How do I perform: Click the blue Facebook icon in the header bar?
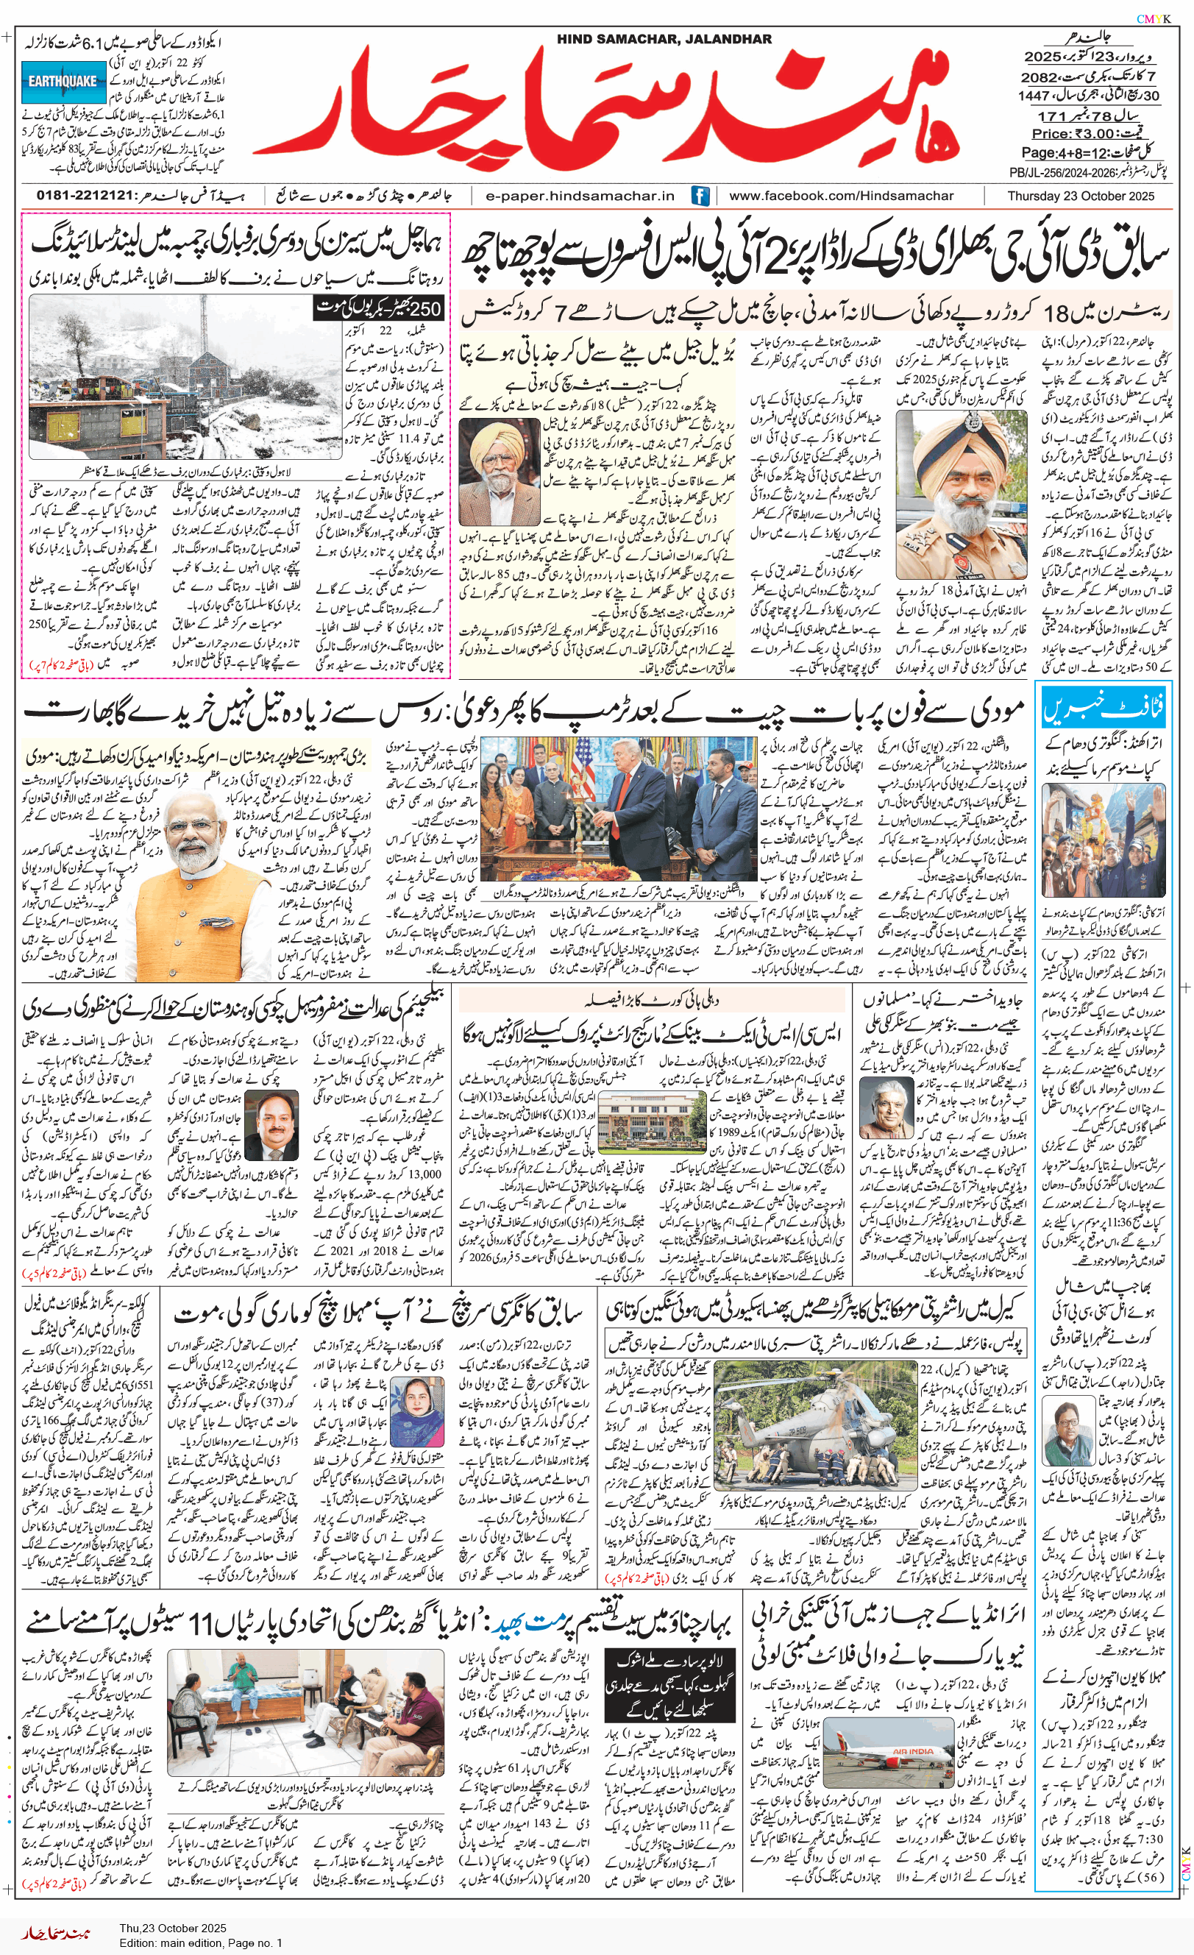point(700,195)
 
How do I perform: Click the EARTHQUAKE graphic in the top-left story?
point(63,82)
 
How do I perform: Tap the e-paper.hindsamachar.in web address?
point(580,196)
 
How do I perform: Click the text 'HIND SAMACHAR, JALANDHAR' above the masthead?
point(664,39)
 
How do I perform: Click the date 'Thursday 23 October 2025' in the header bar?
point(1081,196)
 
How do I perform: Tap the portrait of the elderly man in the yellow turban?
point(499,472)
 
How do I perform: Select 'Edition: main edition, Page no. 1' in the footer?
point(201,1943)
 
